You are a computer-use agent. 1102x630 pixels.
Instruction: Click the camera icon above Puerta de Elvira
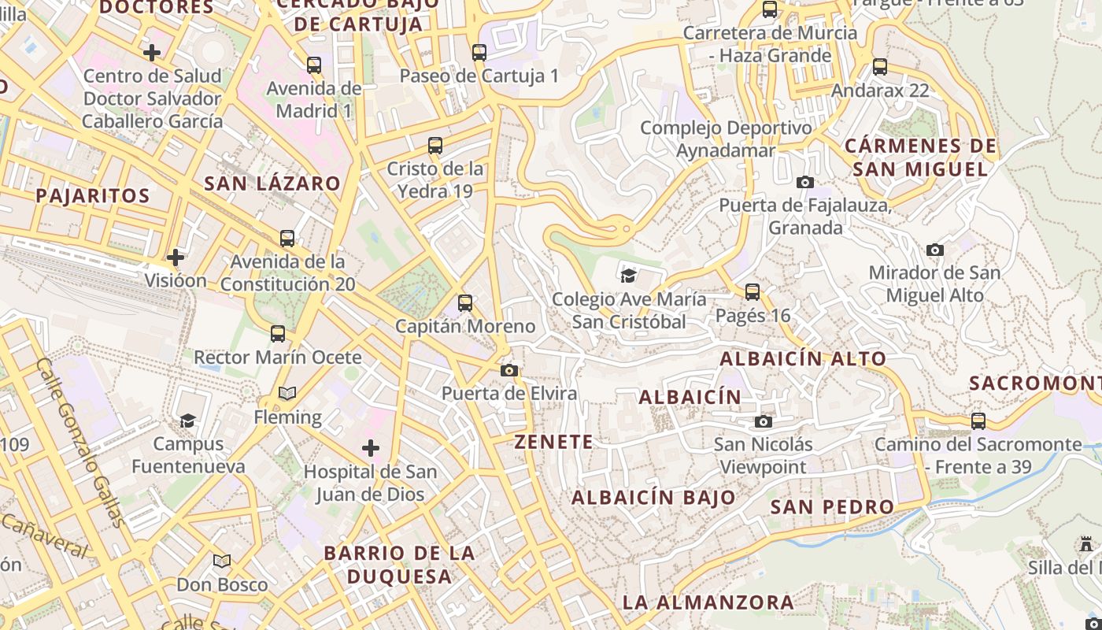pyautogui.click(x=509, y=370)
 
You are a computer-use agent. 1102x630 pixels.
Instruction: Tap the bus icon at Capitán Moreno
pyautogui.click(x=465, y=302)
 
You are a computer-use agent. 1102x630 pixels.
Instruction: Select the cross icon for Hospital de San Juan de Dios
pyautogui.click(x=371, y=448)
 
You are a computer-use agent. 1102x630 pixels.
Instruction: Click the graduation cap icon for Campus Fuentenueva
pyautogui.click(x=187, y=421)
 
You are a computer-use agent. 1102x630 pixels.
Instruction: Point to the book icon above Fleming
pyautogui.click(x=287, y=393)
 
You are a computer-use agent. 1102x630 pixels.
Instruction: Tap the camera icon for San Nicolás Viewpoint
pyautogui.click(x=763, y=421)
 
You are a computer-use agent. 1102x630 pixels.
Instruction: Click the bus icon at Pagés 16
pyautogui.click(x=753, y=292)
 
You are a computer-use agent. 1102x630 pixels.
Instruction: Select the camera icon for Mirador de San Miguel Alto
pyautogui.click(x=935, y=250)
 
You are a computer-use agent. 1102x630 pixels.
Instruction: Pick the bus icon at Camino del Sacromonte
pyautogui.click(x=978, y=421)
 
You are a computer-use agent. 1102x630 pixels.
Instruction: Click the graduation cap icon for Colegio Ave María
pyautogui.click(x=628, y=275)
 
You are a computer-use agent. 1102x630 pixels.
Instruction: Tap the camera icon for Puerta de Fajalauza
pyautogui.click(x=805, y=182)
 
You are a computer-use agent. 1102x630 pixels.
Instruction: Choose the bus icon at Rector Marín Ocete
pyautogui.click(x=278, y=333)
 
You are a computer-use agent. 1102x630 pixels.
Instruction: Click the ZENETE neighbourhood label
pyautogui.click(x=554, y=442)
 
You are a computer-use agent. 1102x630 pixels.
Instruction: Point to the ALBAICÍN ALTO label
pyautogui.click(x=803, y=358)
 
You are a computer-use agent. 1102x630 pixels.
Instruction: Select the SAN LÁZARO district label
pyautogui.click(x=272, y=183)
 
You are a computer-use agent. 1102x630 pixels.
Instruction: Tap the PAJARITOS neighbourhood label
pyautogui.click(x=93, y=195)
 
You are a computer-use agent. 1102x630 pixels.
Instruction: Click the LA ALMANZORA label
pyautogui.click(x=708, y=602)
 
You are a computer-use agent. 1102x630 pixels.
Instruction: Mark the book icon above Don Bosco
pyautogui.click(x=222, y=561)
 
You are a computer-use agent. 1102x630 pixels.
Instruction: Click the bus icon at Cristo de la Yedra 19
pyautogui.click(x=435, y=146)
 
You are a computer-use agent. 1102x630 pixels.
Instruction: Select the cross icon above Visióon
pyautogui.click(x=176, y=257)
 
